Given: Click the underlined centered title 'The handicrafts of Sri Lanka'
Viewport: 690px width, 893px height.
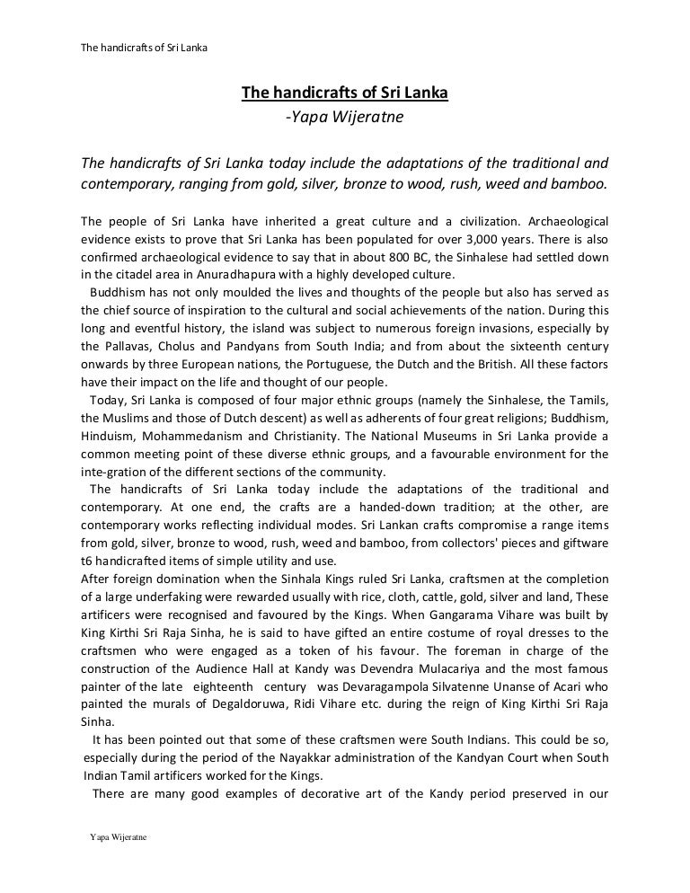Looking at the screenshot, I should click(344, 93).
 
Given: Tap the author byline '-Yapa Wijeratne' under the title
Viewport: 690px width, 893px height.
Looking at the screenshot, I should click(344, 117).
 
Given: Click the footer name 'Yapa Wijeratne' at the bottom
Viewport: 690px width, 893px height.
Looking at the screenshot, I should click(118, 836).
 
